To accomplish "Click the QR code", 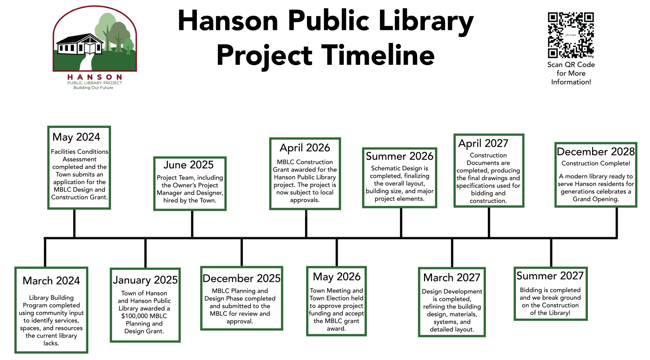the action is coord(571,35).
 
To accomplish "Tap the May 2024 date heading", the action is coord(76,137).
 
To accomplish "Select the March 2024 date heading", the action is coord(51,281).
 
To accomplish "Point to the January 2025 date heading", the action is coord(145,280).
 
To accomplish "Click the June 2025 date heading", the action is coord(188,165).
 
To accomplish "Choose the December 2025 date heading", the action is coord(241,278).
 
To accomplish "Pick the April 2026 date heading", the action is coord(305,148).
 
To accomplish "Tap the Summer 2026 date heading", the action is coord(400,156).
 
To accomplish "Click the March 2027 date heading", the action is coord(452,277).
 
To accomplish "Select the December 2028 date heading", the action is coord(596,151).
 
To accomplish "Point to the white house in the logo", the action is coord(79,45).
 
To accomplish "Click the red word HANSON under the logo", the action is coord(95,77).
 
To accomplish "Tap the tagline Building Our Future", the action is coord(93,87).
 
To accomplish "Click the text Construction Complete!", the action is coord(596,163).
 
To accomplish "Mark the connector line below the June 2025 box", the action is coord(192,224).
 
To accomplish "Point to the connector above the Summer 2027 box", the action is coord(551,253).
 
